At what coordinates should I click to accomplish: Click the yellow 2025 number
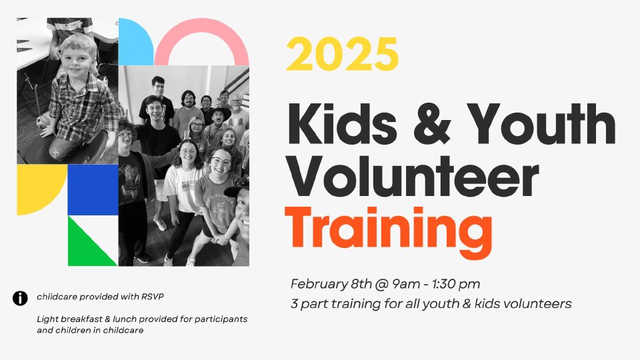point(342,54)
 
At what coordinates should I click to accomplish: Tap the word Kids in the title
point(342,124)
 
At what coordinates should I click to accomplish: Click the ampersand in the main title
point(432,124)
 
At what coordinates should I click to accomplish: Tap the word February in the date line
point(319,285)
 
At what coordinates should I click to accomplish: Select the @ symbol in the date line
point(381,285)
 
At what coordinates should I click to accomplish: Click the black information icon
point(20,299)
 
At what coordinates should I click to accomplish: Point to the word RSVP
point(153,297)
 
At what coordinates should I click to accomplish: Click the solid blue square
point(93,190)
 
